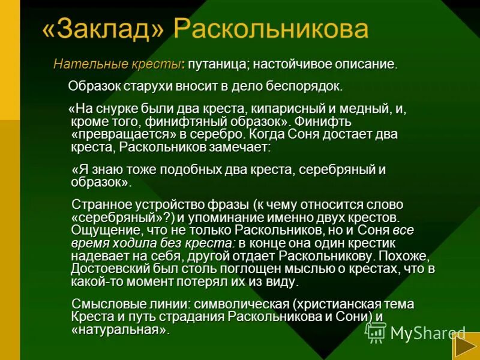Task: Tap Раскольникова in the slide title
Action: pyautogui.click(x=271, y=30)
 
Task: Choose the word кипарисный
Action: pyautogui.click(x=275, y=109)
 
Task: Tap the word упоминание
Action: pyautogui.click(x=233, y=217)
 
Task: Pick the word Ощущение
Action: pyautogui.click(x=100, y=230)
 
